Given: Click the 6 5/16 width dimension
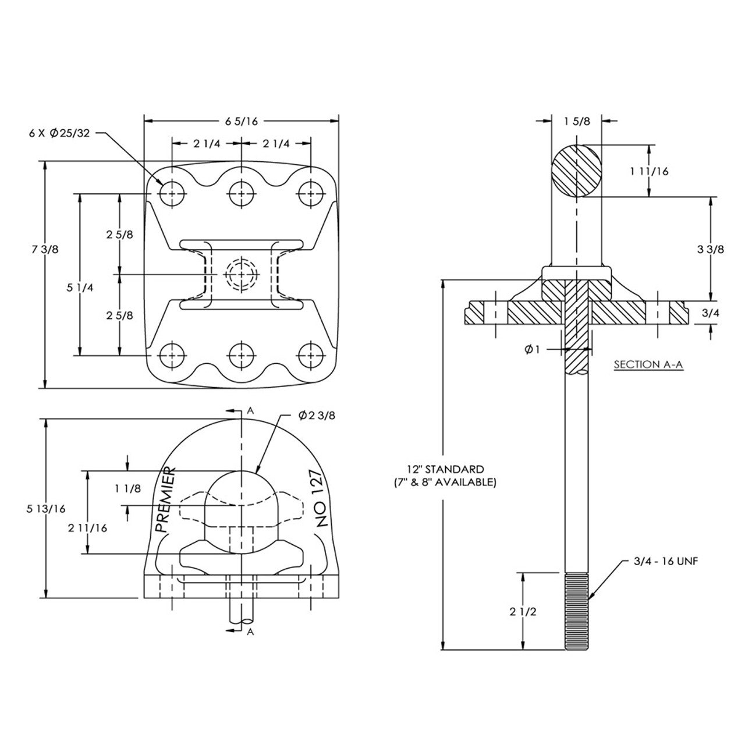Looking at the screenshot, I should click(240, 121).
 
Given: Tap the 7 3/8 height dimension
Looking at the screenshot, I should click(47, 249).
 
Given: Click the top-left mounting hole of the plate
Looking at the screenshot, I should click(172, 193).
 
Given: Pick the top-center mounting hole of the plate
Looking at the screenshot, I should click(242, 193).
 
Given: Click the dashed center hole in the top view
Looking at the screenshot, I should click(242, 274).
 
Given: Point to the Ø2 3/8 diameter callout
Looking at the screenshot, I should click(317, 416).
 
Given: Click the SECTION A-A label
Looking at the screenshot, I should click(648, 365).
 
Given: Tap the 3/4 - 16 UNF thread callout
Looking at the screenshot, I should click(665, 562).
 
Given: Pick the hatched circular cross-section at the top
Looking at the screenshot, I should click(576, 171).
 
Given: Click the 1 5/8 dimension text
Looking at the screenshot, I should click(577, 121).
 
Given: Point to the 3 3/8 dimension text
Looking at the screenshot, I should click(709, 249).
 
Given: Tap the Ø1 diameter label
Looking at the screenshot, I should click(533, 349).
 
